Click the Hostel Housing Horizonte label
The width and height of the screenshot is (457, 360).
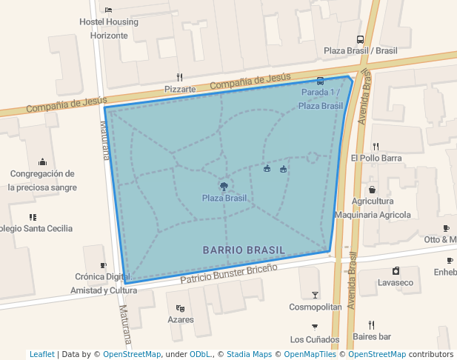tap(109, 28)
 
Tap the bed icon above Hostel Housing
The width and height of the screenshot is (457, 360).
tap(109, 10)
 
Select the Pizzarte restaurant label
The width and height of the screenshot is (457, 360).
tap(180, 89)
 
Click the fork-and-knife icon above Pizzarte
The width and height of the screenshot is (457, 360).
tap(179, 77)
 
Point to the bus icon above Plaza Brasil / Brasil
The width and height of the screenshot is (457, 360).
tap(360, 40)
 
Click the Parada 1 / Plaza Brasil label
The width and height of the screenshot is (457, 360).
tap(321, 99)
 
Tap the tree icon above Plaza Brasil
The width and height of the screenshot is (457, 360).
tap(224, 185)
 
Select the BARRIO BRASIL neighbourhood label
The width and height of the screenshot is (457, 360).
tap(244, 250)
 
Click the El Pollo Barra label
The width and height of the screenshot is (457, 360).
tap(376, 158)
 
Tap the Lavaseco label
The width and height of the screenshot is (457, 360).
tap(396, 282)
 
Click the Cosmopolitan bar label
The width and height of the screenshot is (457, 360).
tap(316, 307)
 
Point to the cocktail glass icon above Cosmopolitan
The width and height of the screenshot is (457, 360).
tap(316, 294)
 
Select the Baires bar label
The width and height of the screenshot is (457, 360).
tap(372, 337)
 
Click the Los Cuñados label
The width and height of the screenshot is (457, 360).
tap(315, 339)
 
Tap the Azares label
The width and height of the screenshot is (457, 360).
tap(181, 320)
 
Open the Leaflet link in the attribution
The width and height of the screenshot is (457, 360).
tap(41, 354)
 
